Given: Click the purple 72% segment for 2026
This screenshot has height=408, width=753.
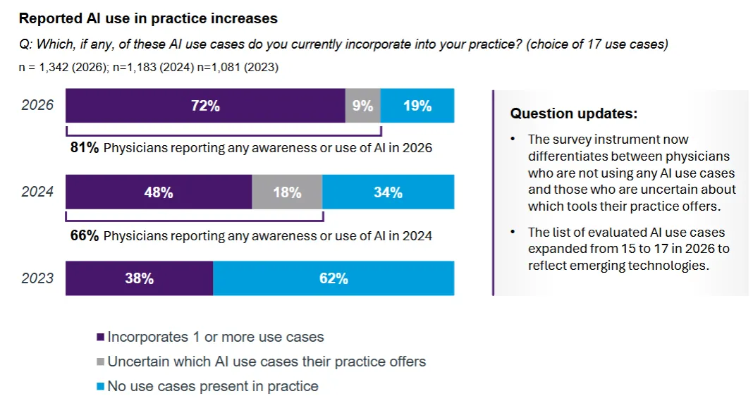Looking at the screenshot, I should point(205,106).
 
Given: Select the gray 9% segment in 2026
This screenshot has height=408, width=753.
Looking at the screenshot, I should point(362,106).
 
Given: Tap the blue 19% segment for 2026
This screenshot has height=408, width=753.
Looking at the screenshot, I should point(417,106).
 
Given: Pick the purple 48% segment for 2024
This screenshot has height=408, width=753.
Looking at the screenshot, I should point(159,192).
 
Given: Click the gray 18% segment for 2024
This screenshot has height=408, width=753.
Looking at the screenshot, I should point(287,192).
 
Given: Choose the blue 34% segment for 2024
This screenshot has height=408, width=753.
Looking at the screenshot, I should point(388,192).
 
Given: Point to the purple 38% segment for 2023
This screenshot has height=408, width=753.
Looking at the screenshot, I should point(139,278).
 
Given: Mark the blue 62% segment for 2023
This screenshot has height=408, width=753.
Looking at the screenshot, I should point(333,278).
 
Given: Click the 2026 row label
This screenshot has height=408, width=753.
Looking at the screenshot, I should point(37,106).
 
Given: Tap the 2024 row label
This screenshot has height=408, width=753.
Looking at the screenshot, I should point(37,192).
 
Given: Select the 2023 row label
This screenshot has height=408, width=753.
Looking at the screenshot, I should point(37,278).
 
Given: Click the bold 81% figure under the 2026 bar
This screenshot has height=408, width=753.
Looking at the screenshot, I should point(85,148).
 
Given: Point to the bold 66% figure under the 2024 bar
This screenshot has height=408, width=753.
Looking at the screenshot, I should point(85,235).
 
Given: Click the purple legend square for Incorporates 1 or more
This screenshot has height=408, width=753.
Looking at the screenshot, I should point(100,338).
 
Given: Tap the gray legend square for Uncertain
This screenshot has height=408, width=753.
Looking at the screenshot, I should point(100,362).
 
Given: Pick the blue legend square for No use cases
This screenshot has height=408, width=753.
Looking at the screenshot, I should point(100,386).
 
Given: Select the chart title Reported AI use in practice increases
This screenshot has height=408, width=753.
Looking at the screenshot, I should point(148,19).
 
